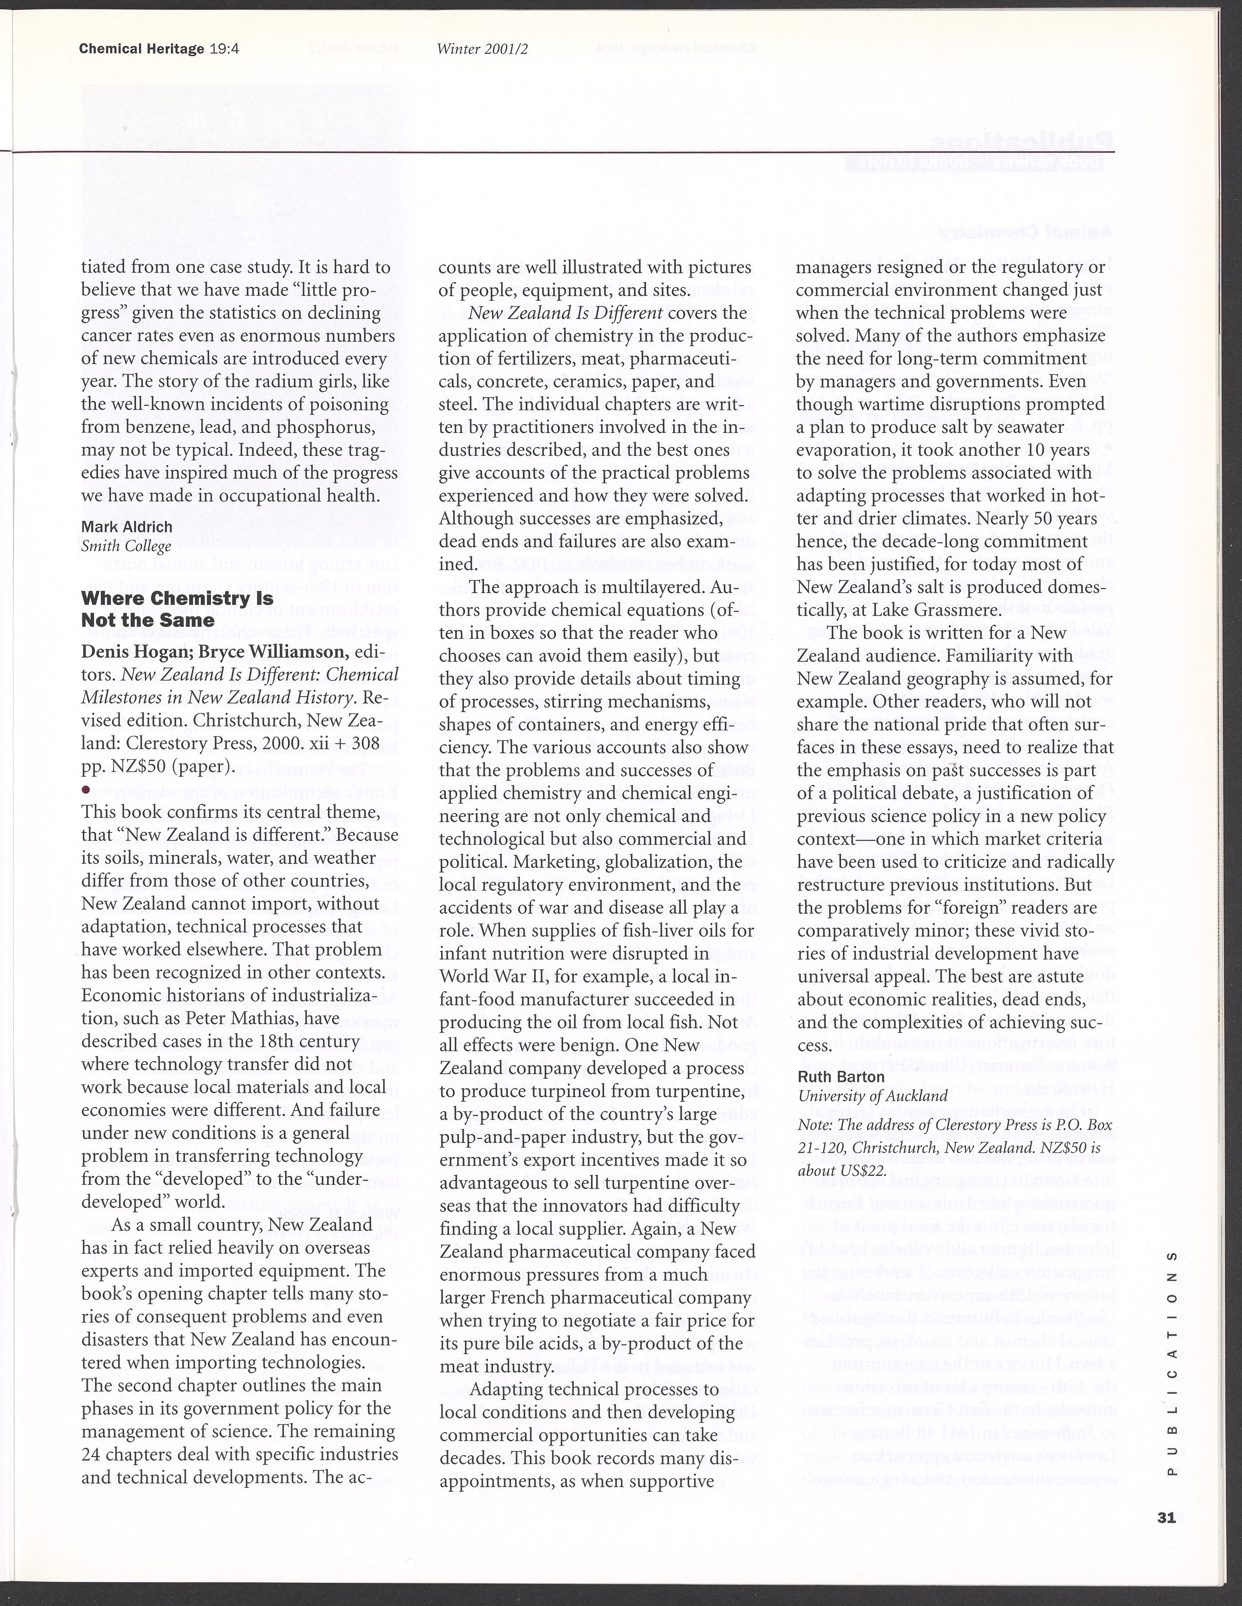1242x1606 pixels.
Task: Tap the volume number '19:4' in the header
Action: [x=225, y=49]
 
